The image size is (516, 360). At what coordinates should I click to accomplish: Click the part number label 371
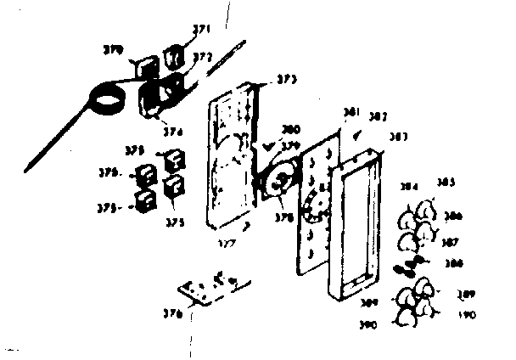(200, 29)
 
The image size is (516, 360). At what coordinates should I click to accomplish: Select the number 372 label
(202, 57)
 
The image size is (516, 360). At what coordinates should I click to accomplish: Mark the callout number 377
(225, 241)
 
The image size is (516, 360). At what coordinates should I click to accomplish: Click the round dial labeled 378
(276, 183)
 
